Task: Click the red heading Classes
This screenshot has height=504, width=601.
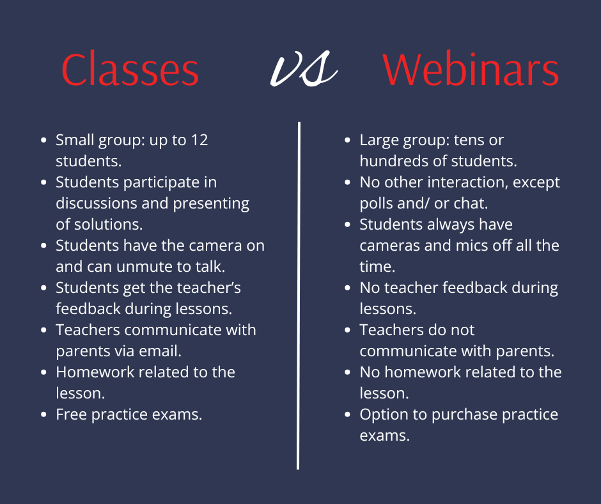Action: (x=130, y=70)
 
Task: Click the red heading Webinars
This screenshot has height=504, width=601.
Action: (x=471, y=70)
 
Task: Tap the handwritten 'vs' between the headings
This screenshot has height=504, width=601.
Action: (x=304, y=68)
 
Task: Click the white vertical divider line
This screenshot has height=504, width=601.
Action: (x=299, y=295)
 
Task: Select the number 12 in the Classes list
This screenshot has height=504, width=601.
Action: (x=199, y=140)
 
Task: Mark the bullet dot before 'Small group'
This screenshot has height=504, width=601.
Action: (x=43, y=140)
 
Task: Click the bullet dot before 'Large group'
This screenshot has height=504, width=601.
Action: (x=348, y=140)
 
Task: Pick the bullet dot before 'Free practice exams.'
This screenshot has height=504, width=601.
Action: (x=43, y=414)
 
